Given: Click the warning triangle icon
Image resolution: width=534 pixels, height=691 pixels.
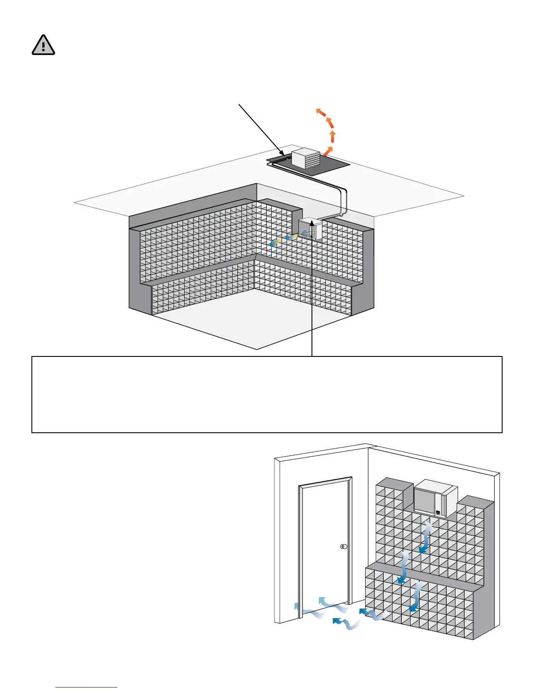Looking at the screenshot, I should [x=43, y=45].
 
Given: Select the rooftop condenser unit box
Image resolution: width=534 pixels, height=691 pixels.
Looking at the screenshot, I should [x=305, y=158].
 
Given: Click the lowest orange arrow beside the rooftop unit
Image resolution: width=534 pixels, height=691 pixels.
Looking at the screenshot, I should [x=327, y=151].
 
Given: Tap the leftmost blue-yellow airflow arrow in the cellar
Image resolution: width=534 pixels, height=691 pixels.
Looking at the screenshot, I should [x=274, y=243].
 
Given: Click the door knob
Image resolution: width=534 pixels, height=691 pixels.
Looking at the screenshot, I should [x=344, y=547].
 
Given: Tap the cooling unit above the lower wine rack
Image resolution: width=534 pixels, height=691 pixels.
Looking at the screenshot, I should [x=435, y=498].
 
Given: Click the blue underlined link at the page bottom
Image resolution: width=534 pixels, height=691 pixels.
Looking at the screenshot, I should [x=86, y=687].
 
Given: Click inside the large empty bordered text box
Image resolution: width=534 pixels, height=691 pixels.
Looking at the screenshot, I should [x=267, y=394].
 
